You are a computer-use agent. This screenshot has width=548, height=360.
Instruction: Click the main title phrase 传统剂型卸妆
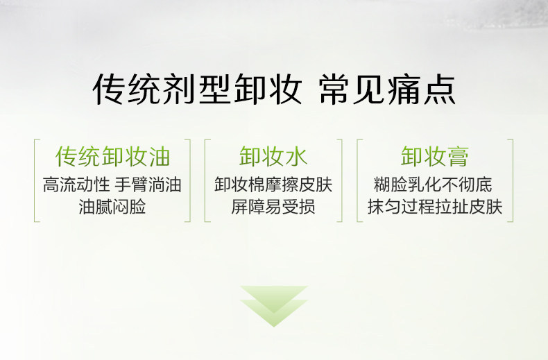point(198,89)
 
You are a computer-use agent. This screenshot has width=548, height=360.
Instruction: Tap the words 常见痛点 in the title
point(387,89)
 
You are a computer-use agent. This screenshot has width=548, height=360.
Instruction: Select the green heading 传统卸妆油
point(112,156)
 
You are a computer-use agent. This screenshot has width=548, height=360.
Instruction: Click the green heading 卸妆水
point(273,156)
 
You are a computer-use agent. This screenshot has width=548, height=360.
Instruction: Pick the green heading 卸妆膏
point(434,156)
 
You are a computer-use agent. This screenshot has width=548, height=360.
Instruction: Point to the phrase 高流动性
point(76,185)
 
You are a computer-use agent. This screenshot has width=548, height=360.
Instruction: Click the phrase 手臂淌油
point(148,185)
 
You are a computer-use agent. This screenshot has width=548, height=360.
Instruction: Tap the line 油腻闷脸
point(112,206)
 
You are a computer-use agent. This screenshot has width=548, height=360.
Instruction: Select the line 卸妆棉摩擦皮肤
point(273,185)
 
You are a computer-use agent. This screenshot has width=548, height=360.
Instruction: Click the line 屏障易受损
point(273,206)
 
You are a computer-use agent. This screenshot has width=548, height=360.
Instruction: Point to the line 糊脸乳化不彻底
point(433,185)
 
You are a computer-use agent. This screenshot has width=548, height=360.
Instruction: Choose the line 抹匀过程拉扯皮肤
point(435,206)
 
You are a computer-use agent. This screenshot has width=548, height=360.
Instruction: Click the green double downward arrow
point(273,306)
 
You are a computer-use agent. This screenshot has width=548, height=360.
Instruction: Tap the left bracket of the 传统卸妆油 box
point(35,180)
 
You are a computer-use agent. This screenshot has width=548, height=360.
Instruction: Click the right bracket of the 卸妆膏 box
point(513,180)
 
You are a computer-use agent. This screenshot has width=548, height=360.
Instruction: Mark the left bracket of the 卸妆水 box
point(205,180)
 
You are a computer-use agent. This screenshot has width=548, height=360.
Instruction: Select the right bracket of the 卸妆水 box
point(341,180)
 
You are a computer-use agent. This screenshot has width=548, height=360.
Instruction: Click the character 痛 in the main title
point(404,89)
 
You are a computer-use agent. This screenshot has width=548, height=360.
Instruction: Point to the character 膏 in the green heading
point(458,156)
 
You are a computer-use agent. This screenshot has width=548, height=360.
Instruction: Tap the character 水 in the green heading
point(296,156)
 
